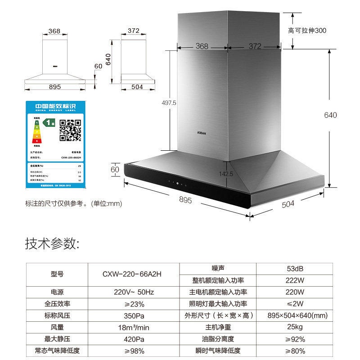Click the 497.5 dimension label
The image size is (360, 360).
click(169, 103)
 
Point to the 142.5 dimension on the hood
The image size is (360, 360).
click(226, 174)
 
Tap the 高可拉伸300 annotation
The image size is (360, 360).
click(307, 31)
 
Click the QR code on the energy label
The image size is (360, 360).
click(71, 130)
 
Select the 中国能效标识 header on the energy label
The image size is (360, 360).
click(56, 106)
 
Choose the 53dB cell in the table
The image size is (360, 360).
click(295, 269)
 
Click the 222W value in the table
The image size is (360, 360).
click(295, 280)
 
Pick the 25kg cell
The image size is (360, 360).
click(295, 327)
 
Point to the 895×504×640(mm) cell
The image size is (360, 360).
click(295, 315)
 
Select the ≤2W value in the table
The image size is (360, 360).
click(295, 304)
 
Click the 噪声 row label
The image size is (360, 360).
click(218, 269)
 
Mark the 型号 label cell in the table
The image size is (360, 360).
click(57, 274)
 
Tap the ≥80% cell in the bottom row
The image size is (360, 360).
click(295, 351)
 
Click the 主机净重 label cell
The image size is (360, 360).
click(218, 327)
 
